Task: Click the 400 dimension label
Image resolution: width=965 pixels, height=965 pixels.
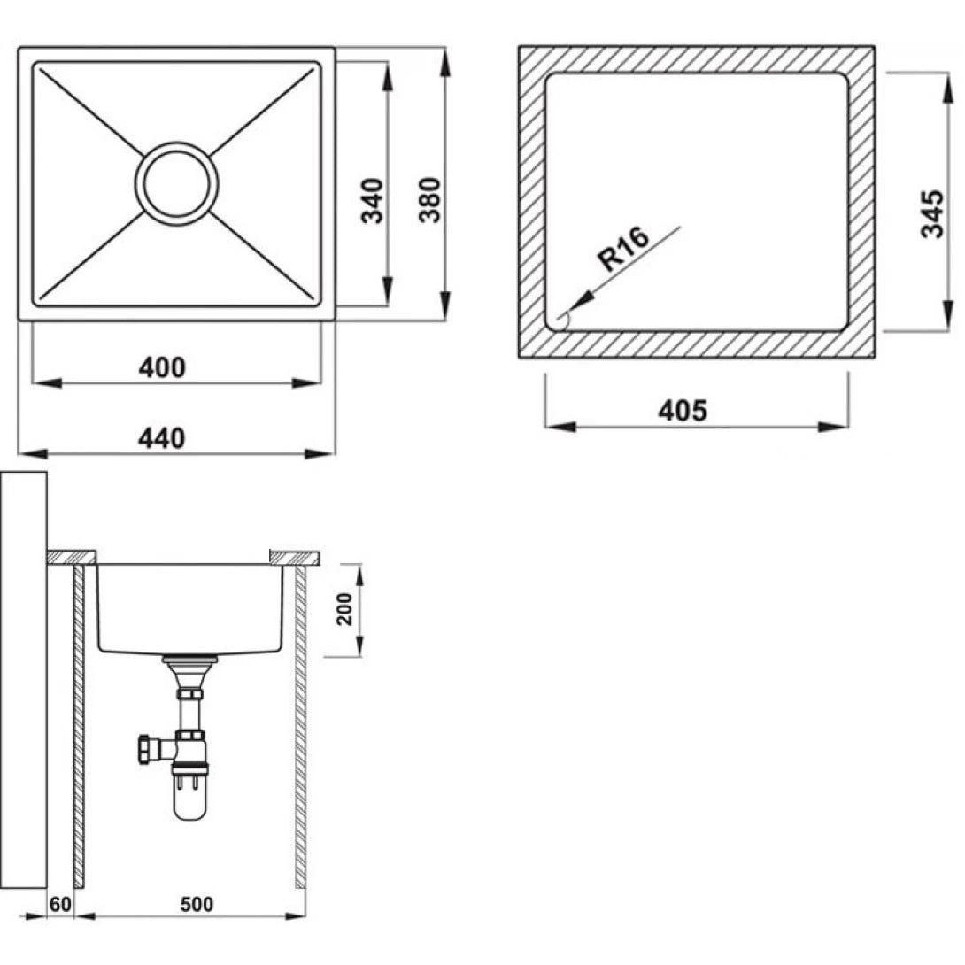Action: [x=162, y=367]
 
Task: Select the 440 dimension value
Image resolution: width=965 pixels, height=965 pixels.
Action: [x=162, y=437]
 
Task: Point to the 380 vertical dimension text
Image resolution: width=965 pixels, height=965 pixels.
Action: [x=429, y=201]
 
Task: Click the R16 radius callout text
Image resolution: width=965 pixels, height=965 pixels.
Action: [x=624, y=249]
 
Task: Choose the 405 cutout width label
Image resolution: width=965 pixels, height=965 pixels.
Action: [x=683, y=411]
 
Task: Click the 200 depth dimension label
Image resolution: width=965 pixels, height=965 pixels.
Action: [x=344, y=609]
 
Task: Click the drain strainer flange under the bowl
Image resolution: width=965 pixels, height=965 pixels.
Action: [x=189, y=660]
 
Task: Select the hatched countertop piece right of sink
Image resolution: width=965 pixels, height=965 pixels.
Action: [x=293, y=556]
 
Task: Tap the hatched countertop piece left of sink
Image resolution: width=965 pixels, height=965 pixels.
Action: [x=71, y=556]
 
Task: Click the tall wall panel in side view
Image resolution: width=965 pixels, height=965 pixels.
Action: [x=24, y=682]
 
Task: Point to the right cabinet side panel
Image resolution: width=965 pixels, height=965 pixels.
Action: [x=300, y=726]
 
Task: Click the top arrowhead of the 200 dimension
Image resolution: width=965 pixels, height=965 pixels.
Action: [x=359, y=567]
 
